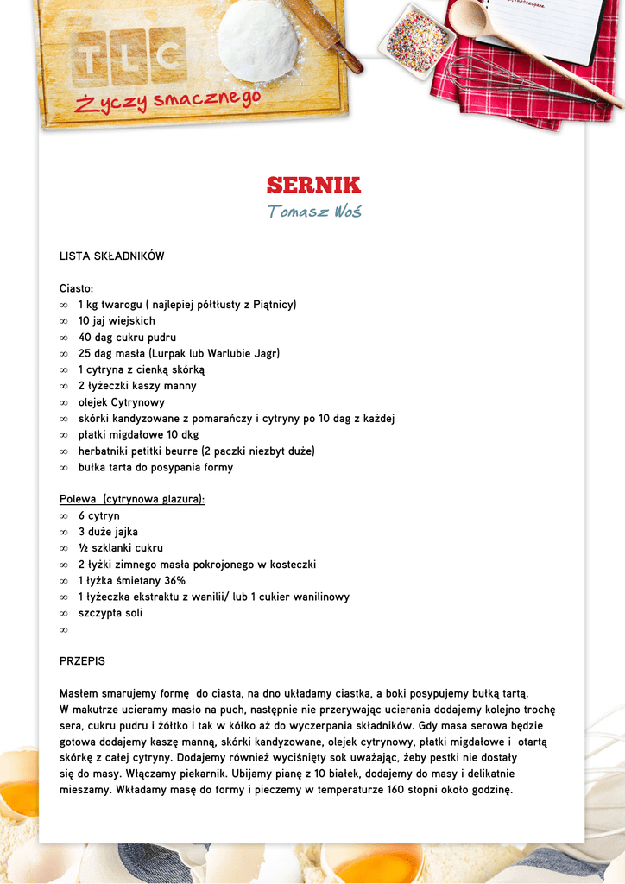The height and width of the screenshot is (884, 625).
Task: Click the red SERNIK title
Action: [x=313, y=185]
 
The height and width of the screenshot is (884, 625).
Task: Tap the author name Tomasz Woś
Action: [x=313, y=212]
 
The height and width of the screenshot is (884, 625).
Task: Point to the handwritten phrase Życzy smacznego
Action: [x=167, y=103]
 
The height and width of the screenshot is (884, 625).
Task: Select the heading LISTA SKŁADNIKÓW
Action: [x=111, y=256]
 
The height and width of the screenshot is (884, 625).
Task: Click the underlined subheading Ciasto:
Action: [x=76, y=288]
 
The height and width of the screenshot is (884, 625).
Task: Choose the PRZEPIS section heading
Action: [x=82, y=661]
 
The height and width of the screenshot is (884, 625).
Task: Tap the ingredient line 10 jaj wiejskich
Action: [x=117, y=321]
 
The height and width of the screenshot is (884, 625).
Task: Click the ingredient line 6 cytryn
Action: [x=98, y=515]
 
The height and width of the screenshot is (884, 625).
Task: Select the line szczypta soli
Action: [x=110, y=613]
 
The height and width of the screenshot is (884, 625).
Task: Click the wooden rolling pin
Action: [x=328, y=34]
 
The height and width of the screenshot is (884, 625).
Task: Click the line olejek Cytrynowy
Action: [x=121, y=402]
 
